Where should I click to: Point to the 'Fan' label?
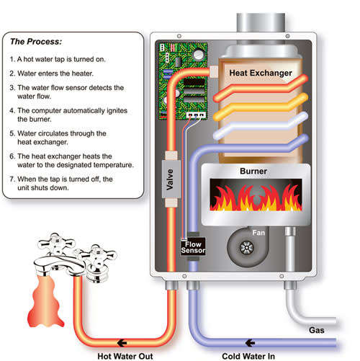coord(259,232)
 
